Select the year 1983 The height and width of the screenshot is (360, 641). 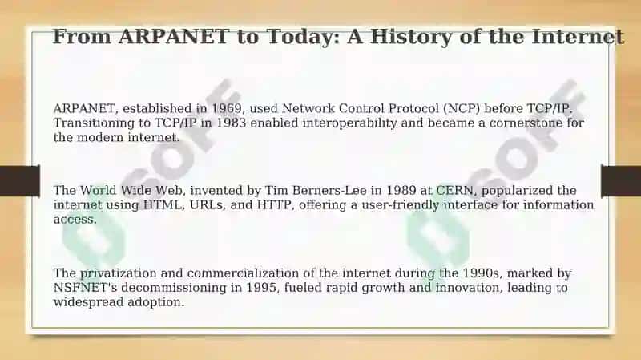click(231, 123)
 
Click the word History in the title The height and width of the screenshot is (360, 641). click(411, 36)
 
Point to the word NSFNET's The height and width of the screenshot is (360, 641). click(86, 287)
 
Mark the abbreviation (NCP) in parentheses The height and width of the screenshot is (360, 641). click(462, 109)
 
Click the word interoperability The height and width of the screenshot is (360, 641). click(350, 123)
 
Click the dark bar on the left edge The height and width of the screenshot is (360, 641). click(20, 180)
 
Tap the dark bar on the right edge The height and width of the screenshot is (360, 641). click(621, 180)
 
